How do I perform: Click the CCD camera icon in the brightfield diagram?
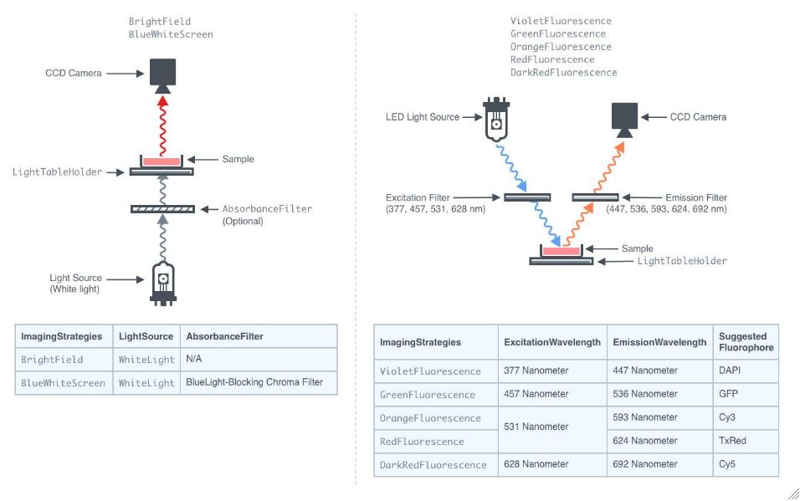[162, 74]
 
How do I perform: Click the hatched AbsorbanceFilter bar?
[163, 208]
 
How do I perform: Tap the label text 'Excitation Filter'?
[423, 197]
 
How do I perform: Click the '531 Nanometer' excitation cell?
[536, 427]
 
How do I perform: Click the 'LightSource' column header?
[146, 336]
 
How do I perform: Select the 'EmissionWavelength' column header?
[659, 342]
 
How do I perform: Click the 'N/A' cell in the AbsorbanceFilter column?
[195, 359]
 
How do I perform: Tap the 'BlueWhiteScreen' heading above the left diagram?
[171, 34]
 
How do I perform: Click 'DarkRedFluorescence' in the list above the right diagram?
[563, 73]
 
